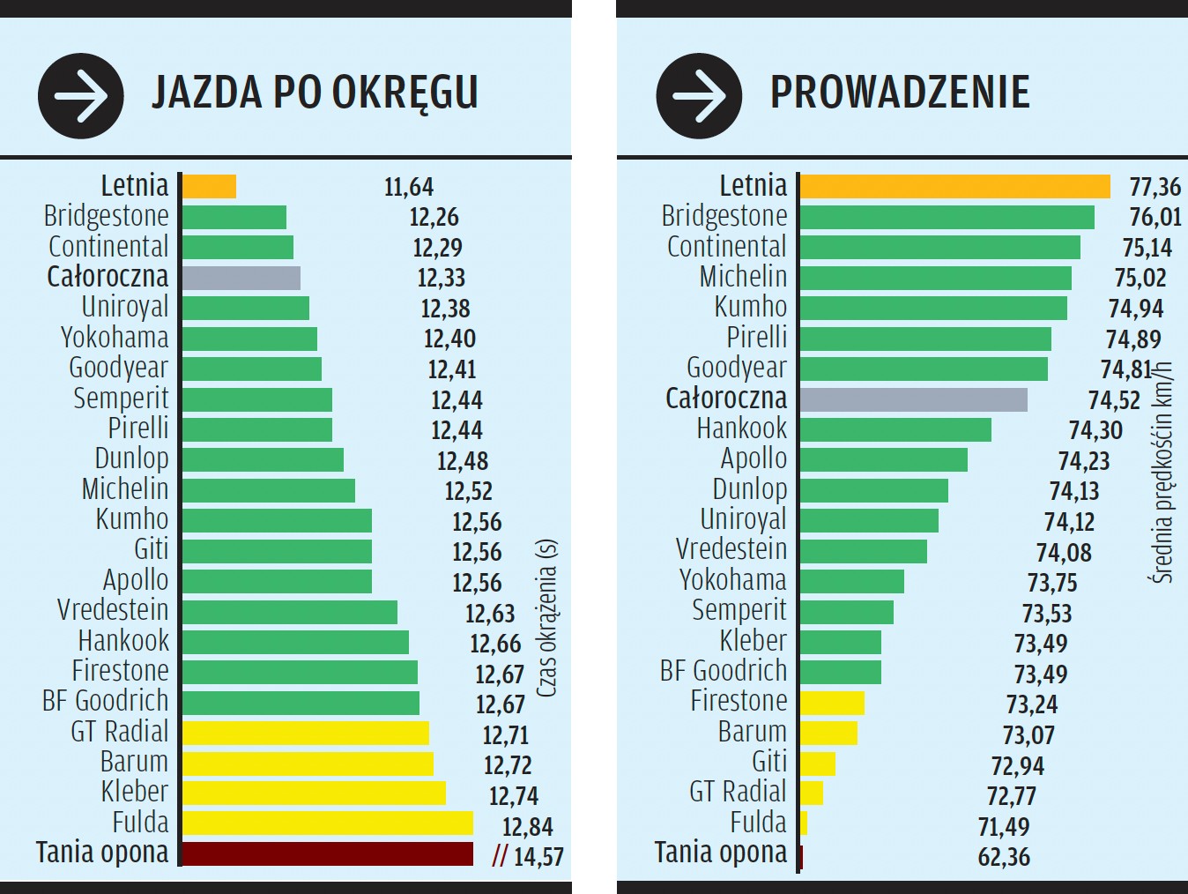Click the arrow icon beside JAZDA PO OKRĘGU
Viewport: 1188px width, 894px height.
point(80,96)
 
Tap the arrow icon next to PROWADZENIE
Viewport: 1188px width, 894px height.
point(699,96)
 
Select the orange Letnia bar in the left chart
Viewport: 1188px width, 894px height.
point(209,187)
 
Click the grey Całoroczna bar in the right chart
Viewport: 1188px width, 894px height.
point(914,399)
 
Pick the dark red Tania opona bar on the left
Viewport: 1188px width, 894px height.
point(327,853)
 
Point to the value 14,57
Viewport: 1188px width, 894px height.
point(538,857)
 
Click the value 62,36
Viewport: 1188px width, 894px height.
point(1004,857)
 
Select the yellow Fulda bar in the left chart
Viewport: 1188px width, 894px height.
point(327,823)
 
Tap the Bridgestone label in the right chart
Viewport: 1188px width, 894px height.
point(724,216)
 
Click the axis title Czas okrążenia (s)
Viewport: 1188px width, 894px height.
point(546,618)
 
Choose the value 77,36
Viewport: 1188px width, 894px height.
point(1155,187)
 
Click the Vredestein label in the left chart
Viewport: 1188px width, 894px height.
point(113,610)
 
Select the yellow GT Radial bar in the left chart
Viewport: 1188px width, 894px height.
point(305,733)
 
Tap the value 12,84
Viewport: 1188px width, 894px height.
point(527,827)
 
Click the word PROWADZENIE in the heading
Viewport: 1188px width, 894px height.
point(900,93)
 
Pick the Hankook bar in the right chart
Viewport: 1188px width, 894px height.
point(895,430)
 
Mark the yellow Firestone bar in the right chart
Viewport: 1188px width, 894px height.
point(832,703)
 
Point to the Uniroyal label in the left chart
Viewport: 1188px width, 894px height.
point(124,308)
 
